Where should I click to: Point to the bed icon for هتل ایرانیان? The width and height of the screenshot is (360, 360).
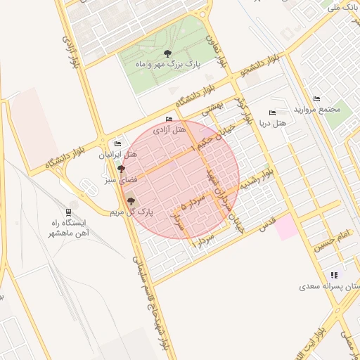117,143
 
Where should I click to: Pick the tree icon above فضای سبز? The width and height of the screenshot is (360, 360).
122,169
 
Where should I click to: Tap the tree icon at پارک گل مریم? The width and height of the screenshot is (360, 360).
130,201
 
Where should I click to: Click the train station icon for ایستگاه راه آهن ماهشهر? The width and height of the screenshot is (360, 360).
67,212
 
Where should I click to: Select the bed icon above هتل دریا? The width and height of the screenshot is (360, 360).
272,112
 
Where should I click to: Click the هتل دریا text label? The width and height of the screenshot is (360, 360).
273,124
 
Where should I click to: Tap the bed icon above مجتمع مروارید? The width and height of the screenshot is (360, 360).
316,98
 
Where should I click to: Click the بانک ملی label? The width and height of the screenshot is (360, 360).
345,8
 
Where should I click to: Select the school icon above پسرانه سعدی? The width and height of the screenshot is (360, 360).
333,275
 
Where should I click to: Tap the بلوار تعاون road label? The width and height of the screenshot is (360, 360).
219,46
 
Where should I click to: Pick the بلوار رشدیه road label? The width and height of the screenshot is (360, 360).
257,180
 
